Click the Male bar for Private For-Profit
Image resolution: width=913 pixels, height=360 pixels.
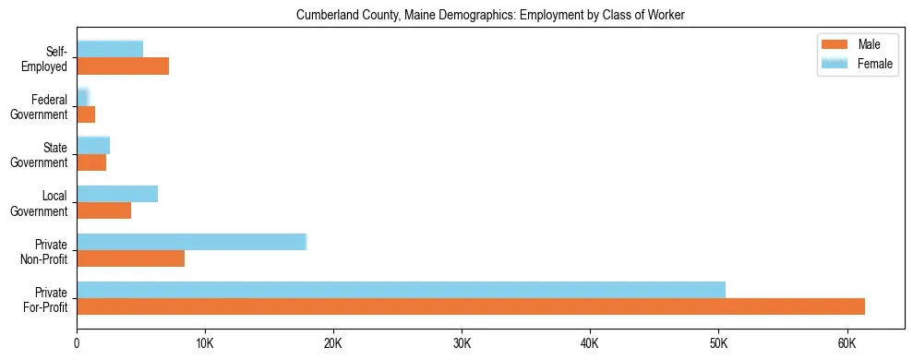pyautogui.click(x=471, y=306)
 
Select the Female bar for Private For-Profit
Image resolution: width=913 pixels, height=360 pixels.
pyautogui.click(x=401, y=289)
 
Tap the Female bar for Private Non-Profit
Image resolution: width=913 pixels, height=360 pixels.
pyautogui.click(x=191, y=241)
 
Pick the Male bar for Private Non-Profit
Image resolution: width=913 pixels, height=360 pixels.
pyautogui.click(x=130, y=258)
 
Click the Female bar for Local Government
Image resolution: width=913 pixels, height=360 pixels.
pyautogui.click(x=117, y=193)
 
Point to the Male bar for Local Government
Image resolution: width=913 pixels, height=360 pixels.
pyautogui.click(x=103, y=210)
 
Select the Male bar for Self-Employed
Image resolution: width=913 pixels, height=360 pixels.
pyautogui.click(x=123, y=66)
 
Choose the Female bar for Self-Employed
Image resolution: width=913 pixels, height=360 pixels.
pyautogui.click(x=110, y=49)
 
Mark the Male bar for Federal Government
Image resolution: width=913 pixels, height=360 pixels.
pyautogui.click(x=86, y=114)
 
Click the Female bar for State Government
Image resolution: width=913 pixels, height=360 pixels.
pyautogui.click(x=93, y=145)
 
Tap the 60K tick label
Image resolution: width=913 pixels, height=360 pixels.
pyautogui.click(x=847, y=344)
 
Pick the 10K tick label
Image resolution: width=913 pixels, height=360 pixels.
pyautogui.click(x=205, y=344)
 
